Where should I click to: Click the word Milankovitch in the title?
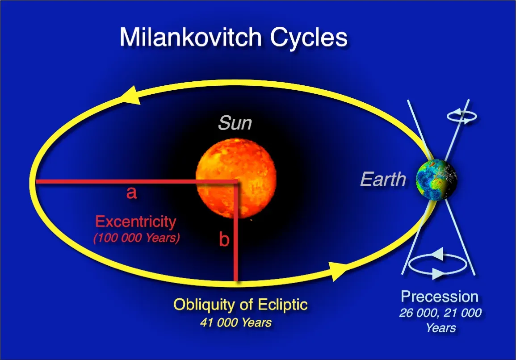pos(192,37)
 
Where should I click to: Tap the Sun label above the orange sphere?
pos(235,123)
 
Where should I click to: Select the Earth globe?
pos(436,180)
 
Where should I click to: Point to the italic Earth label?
pos(383,180)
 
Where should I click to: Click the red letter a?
pos(131,193)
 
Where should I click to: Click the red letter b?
pos(224,240)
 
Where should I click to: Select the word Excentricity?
pos(136,222)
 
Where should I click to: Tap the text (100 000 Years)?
pos(136,238)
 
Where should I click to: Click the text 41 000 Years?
pos(235,322)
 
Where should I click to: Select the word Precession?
pos(439,297)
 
